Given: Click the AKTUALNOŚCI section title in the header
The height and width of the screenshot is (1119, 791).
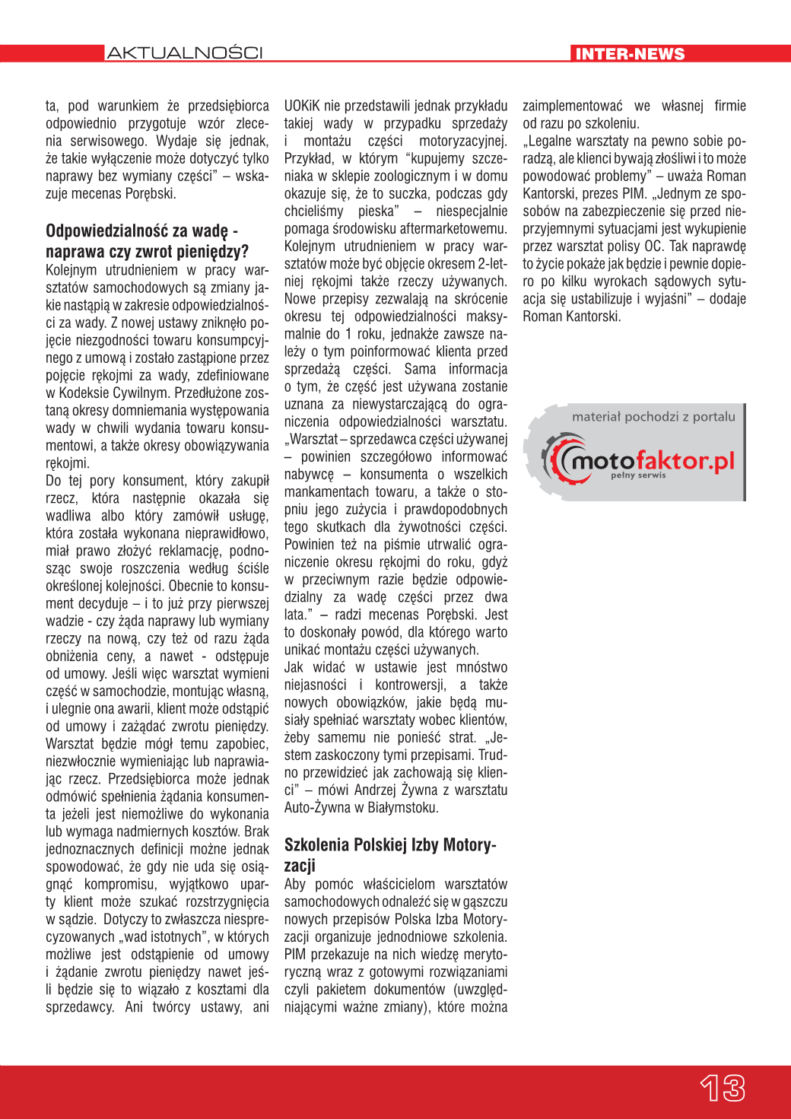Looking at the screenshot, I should tap(185, 53).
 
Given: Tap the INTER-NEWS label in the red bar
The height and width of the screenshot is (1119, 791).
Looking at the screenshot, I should tap(630, 54).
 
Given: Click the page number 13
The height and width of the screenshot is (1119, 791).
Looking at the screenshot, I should tap(723, 1088).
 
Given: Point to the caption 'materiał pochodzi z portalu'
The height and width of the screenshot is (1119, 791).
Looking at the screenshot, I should tap(653, 417).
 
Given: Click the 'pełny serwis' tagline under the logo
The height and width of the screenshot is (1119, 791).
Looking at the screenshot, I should tap(638, 475).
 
